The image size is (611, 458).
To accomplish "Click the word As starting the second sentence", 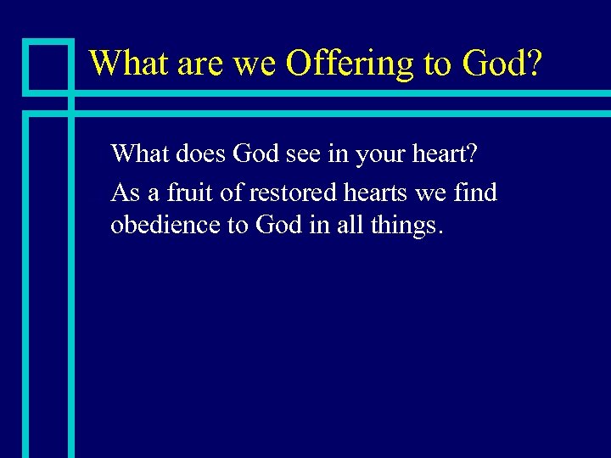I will click(x=125, y=193).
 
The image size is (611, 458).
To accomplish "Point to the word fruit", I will click(x=193, y=193).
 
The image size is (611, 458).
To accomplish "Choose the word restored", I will click(x=294, y=193).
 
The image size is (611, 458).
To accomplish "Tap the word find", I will click(x=475, y=193).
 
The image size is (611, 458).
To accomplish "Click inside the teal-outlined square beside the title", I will click(x=48, y=66).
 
